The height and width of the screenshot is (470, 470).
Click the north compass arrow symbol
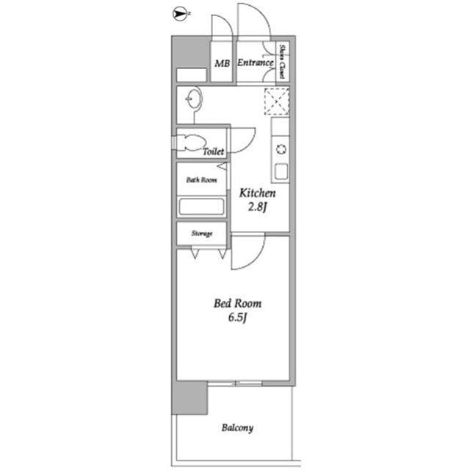180,14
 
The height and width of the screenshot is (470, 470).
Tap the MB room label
222,64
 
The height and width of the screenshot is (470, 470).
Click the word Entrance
256,63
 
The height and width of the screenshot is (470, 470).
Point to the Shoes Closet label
282,61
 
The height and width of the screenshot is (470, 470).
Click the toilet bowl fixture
192,143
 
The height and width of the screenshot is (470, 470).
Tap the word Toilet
214,152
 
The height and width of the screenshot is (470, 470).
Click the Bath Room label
201,179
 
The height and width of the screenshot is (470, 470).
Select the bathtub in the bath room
201,206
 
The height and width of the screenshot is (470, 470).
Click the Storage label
202,233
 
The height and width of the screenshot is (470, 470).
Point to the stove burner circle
281,149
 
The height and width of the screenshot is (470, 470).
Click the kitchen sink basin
281,171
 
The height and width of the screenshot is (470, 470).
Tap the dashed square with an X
277,102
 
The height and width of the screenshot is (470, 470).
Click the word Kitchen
258,193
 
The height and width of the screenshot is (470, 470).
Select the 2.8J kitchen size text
257,207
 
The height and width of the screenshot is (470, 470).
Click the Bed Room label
237,304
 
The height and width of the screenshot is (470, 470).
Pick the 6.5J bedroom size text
237,317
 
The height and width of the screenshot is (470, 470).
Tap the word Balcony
237,427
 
